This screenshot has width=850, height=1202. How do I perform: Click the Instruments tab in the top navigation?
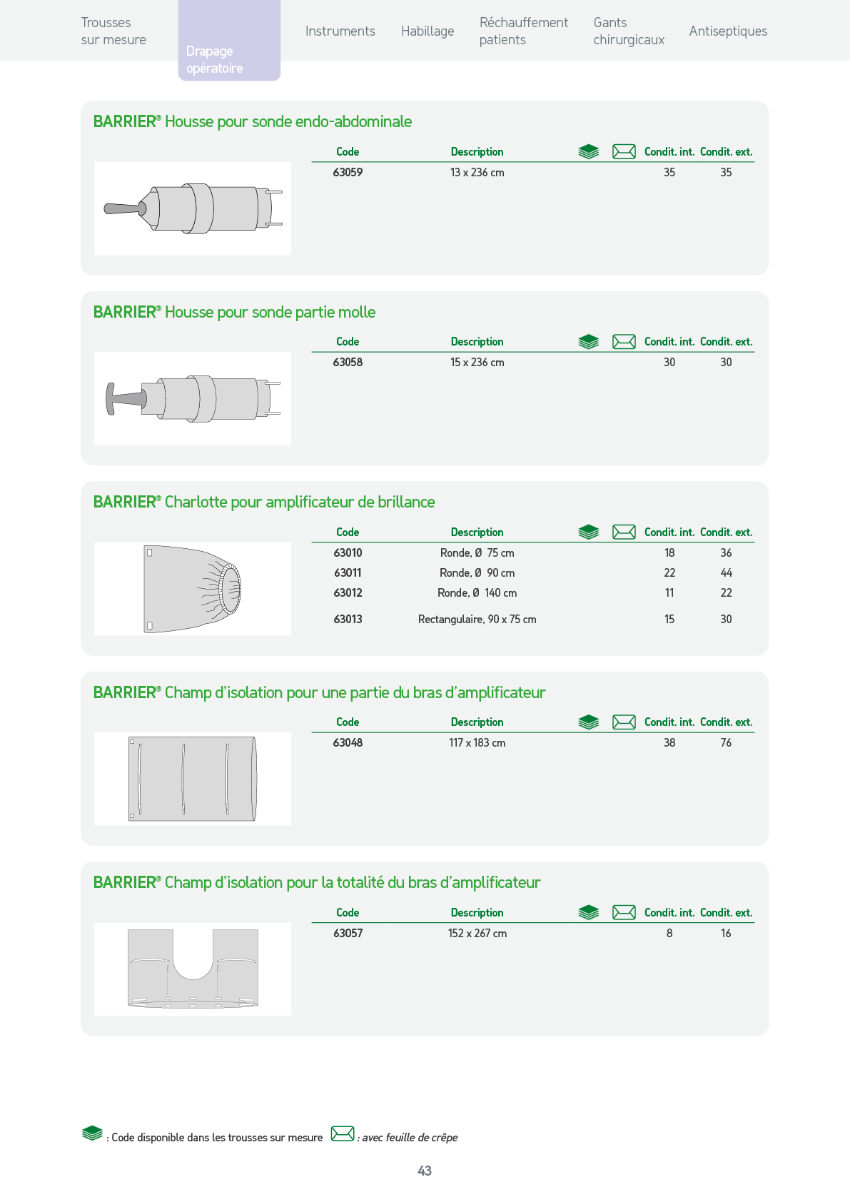click(340, 31)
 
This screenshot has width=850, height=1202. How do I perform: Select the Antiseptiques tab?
click(728, 31)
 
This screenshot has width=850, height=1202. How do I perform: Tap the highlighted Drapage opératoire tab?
click(229, 59)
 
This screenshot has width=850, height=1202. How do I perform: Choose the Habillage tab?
click(427, 31)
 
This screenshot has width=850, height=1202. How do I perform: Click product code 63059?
click(348, 172)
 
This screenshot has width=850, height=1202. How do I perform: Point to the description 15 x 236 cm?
click(477, 362)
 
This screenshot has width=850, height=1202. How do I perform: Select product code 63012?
click(348, 593)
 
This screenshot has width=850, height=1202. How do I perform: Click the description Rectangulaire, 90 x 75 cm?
click(477, 620)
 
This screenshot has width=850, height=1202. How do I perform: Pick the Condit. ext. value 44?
click(726, 572)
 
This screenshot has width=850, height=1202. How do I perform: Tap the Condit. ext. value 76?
click(726, 742)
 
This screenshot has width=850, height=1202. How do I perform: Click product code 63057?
click(348, 933)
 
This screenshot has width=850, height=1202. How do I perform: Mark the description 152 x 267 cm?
click(477, 933)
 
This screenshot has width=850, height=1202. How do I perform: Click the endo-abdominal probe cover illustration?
click(193, 208)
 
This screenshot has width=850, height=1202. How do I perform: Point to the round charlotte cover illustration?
click(193, 589)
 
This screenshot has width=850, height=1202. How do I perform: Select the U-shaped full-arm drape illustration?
click(193, 969)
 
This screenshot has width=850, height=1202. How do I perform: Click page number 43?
click(425, 1171)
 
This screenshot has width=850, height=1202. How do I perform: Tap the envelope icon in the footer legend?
click(343, 1134)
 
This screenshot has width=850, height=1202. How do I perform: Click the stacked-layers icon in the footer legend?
click(92, 1133)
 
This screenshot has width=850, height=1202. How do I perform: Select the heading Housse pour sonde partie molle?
click(270, 312)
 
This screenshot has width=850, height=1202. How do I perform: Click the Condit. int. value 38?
click(669, 742)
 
